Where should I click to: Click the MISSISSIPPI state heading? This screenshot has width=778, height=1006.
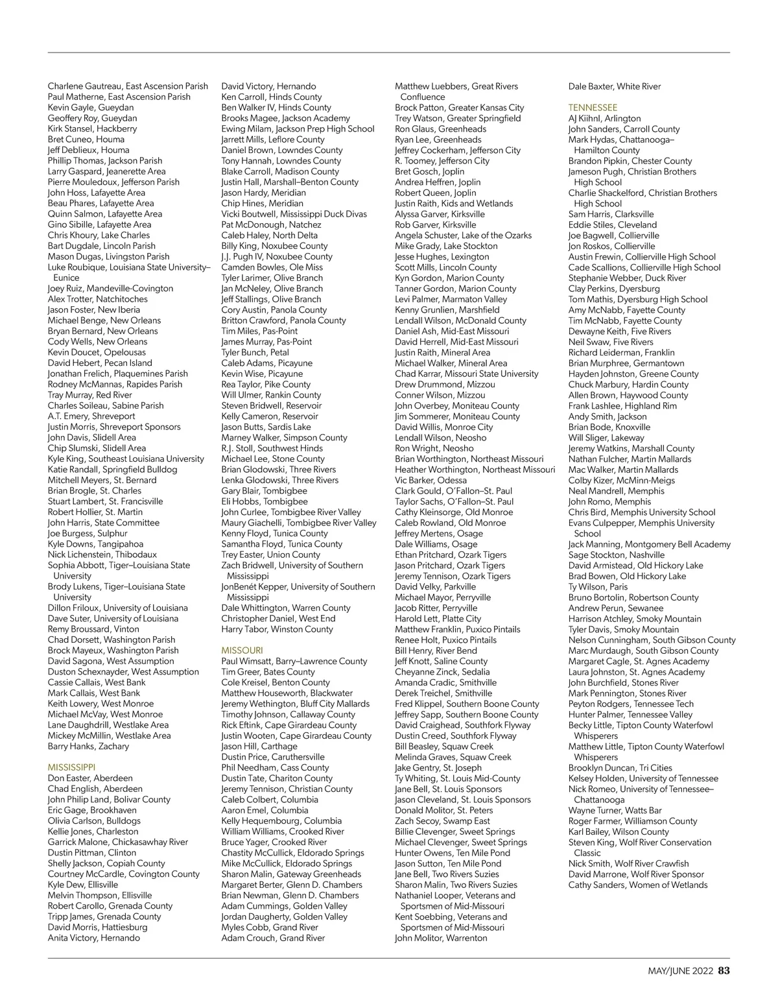click(x=71, y=767)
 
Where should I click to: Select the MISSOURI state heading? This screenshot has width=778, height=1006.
click(x=242, y=651)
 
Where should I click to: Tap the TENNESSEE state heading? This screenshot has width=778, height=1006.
click(x=593, y=108)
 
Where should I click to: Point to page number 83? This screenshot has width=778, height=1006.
click(x=724, y=971)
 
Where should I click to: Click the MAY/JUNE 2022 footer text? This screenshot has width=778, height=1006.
click(x=680, y=971)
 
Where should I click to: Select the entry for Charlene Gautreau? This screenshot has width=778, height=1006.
click(x=128, y=86)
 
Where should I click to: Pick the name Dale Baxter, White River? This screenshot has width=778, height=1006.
click(x=614, y=86)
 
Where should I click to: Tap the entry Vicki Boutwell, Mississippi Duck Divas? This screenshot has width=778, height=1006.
click(x=294, y=214)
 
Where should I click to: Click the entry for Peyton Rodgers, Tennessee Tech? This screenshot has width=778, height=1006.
click(x=630, y=704)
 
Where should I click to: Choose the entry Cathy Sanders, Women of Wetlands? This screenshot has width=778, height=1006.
click(x=637, y=885)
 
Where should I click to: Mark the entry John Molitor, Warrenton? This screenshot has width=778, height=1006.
click(x=441, y=938)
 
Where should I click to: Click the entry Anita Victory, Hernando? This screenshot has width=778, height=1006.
click(x=93, y=938)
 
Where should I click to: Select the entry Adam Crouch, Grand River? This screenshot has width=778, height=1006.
click(x=273, y=938)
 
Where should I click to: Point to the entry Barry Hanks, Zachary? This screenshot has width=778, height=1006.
click(x=88, y=746)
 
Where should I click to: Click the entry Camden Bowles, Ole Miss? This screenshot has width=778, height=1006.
click(x=272, y=267)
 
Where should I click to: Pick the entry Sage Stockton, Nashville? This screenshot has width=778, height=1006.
click(x=616, y=555)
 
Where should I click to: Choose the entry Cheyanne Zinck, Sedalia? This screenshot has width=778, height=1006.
click(x=442, y=672)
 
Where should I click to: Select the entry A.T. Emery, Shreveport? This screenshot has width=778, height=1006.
click(x=91, y=416)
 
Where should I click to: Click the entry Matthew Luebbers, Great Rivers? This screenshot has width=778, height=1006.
click(x=456, y=86)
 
